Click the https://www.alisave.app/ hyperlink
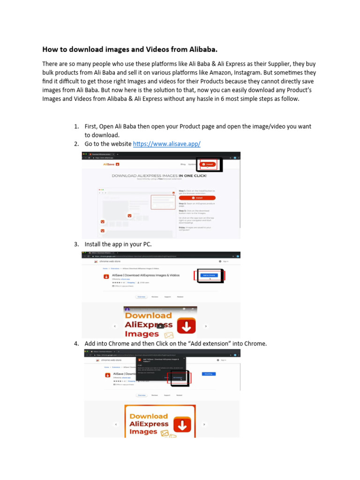pos(166,144)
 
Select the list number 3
pos(76,244)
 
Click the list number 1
pos(76,127)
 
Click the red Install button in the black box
pos(208,165)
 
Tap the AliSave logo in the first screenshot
pos(112,165)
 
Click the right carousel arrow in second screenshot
pos(206,326)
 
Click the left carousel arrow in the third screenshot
pos(116,424)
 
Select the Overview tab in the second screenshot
pos(141,297)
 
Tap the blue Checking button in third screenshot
pos(209,374)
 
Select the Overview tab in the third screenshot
pos(141,395)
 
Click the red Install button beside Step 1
pos(194,198)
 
